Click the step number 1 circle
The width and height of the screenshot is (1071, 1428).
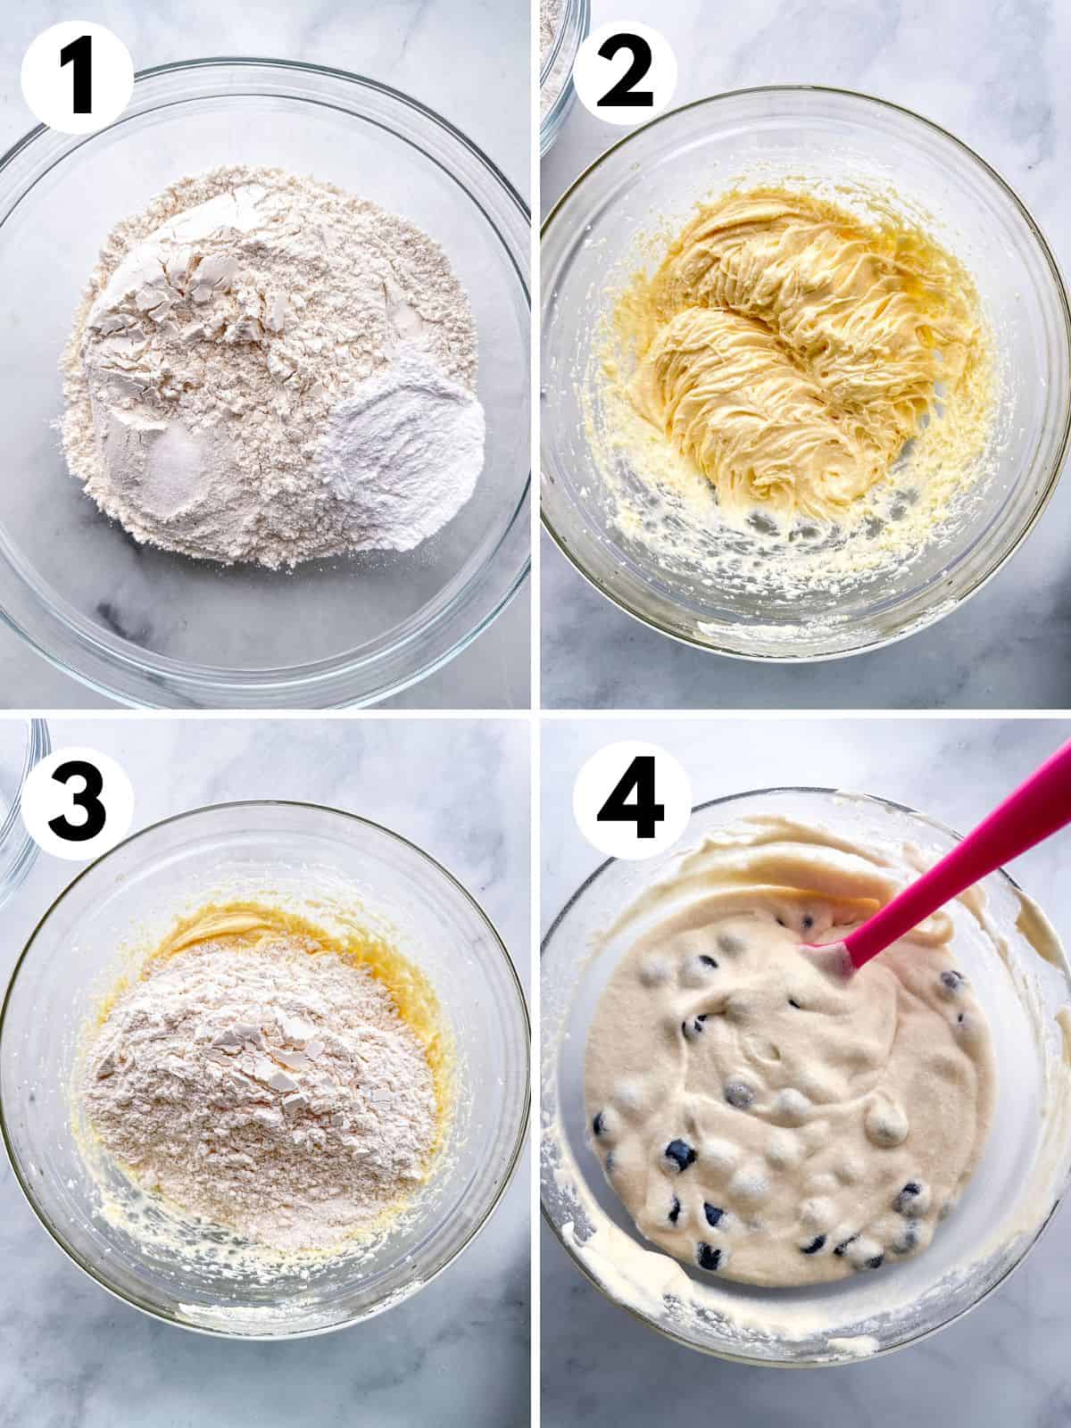pos(76,76)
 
